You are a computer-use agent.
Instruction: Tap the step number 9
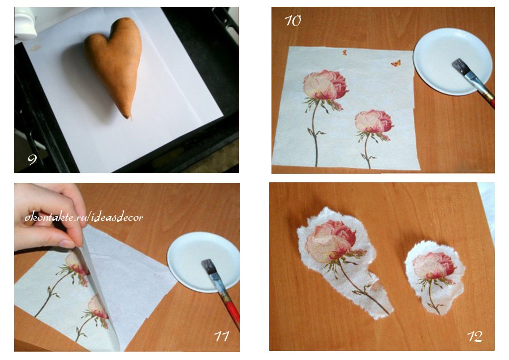(x=32, y=159)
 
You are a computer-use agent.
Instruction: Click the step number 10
(x=293, y=21)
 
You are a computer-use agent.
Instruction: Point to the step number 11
(x=221, y=336)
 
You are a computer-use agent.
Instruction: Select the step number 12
(x=475, y=336)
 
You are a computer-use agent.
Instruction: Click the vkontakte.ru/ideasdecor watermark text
(x=84, y=217)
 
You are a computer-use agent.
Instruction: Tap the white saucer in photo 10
(x=452, y=61)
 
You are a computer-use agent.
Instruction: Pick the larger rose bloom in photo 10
(x=325, y=85)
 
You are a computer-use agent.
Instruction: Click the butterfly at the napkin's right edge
(x=396, y=63)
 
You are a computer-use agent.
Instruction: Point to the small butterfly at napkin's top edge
(x=344, y=52)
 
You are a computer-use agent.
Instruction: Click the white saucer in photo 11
(x=203, y=262)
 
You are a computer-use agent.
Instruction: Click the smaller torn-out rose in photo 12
(x=434, y=277)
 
